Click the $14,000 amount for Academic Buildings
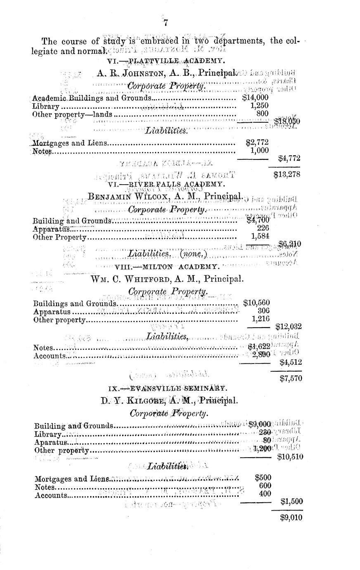(255, 98)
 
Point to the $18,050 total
(287, 121)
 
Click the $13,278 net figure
(287, 174)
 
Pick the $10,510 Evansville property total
(290, 457)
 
